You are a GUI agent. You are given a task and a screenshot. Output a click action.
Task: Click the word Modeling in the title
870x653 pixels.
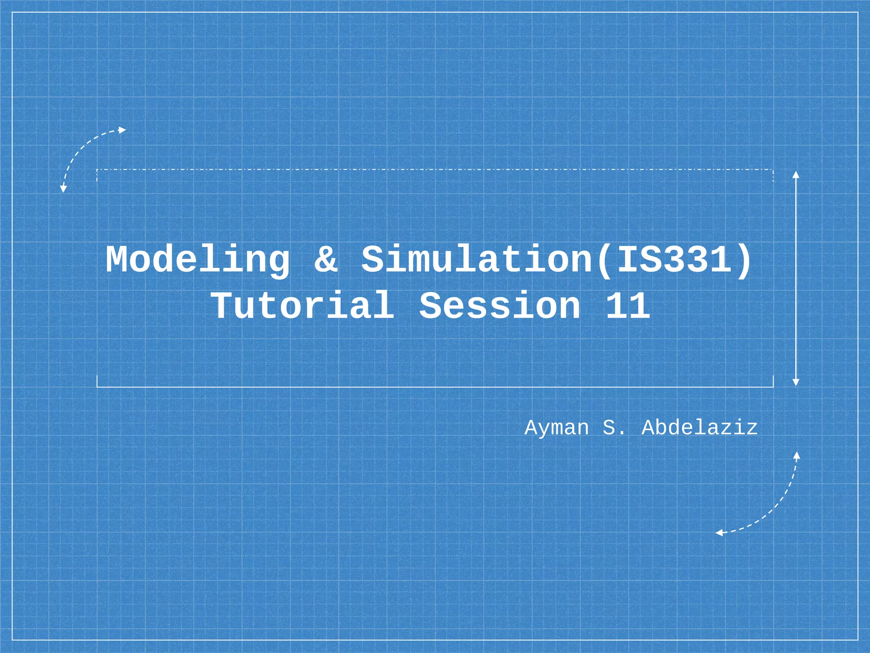pos(198,260)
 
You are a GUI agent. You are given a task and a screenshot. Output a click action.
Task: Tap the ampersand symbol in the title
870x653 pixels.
pos(326,259)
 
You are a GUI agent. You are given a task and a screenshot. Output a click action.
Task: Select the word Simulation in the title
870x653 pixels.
pos(476,259)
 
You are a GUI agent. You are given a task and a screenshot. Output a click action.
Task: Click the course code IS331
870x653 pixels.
pos(673,259)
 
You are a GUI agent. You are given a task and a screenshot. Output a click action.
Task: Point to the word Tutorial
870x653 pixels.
pos(303,305)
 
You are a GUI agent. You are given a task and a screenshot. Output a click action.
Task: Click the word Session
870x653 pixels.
pos(500,305)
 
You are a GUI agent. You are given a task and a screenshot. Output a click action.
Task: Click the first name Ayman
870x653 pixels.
pos(556,428)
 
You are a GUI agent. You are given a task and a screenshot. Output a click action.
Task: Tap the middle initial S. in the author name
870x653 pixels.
pos(613,428)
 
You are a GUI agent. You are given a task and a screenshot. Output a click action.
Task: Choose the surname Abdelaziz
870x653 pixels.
pos(699,428)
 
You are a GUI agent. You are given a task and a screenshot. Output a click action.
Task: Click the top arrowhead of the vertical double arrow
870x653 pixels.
pos(796,174)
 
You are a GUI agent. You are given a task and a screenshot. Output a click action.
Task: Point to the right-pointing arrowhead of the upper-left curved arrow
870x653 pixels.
pos(122,130)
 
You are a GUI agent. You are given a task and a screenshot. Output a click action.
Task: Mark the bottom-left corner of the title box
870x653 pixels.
pos(97,387)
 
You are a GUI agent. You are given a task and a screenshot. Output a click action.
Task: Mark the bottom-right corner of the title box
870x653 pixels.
pos(773,387)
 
